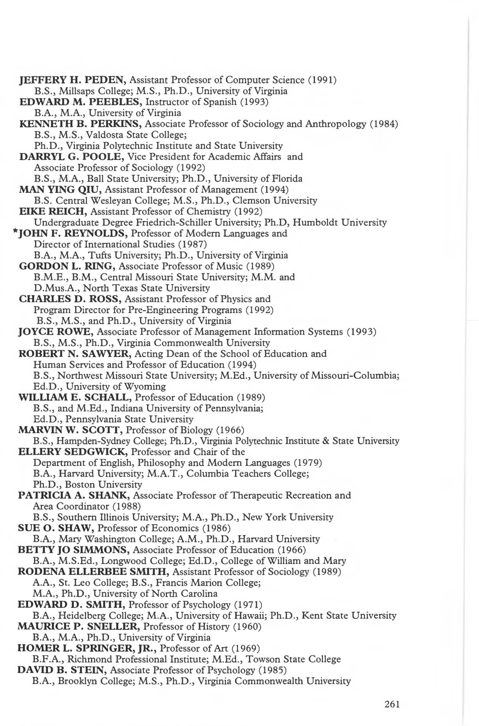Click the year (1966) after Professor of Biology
230,431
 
